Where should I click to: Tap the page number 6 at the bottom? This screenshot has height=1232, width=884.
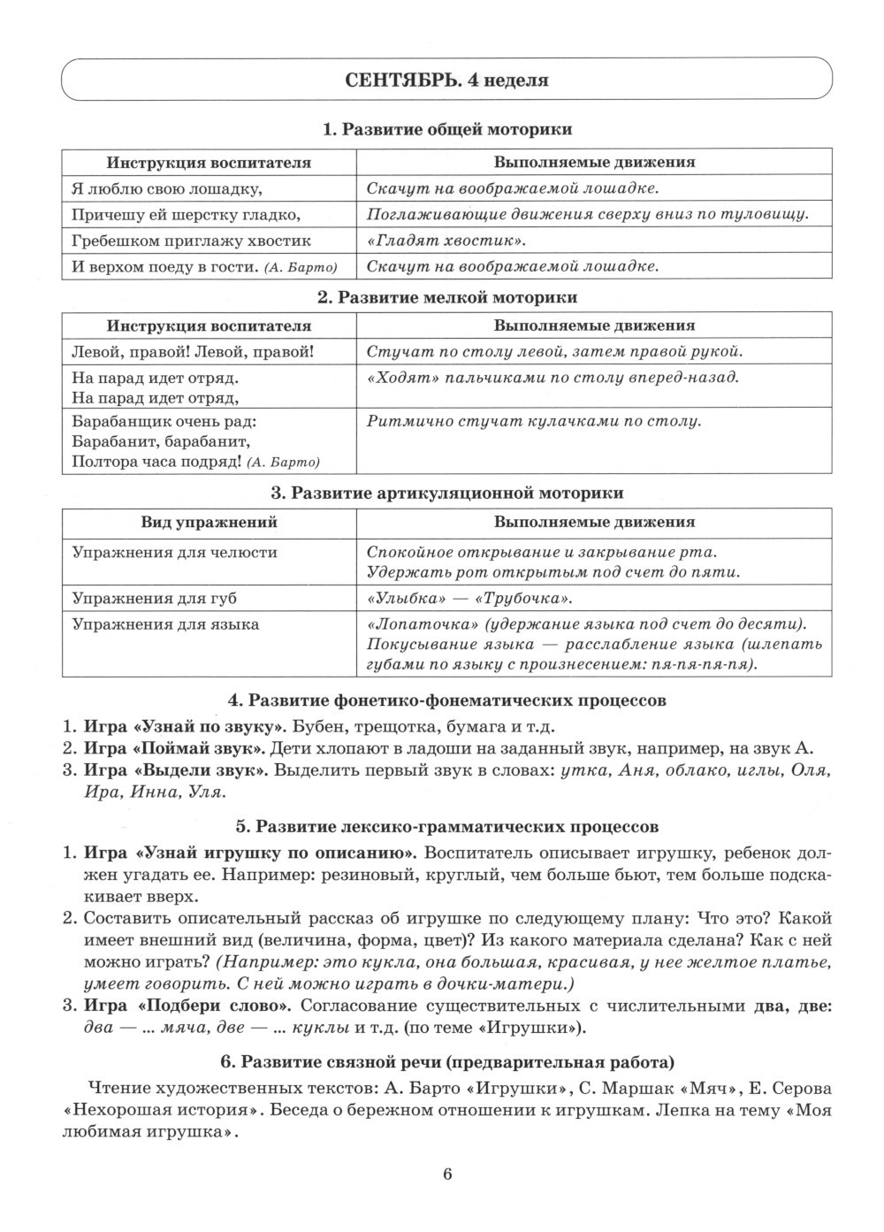coord(446,1175)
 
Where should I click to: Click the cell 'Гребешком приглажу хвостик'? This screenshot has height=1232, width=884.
coord(191,241)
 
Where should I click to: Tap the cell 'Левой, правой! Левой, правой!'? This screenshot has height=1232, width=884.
coord(193,352)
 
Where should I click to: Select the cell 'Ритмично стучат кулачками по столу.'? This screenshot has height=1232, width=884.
coord(533,421)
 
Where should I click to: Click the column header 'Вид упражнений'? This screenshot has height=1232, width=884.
coord(210,522)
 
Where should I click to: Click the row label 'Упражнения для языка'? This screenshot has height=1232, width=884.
coord(165,624)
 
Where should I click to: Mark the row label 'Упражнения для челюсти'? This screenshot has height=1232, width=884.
coord(174,553)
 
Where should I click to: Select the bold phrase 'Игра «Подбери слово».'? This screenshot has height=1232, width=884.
coord(188,1006)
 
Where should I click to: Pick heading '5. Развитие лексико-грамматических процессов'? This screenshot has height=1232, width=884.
coord(446,828)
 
